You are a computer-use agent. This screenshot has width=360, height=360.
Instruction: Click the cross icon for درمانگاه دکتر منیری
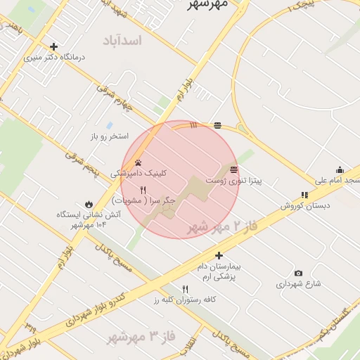(x=53, y=47)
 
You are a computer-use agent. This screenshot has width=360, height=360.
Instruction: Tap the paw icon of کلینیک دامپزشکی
(x=137, y=162)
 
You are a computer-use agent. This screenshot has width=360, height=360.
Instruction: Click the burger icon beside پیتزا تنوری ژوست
(x=233, y=169)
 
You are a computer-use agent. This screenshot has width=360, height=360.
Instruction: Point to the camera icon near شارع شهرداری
(x=298, y=273)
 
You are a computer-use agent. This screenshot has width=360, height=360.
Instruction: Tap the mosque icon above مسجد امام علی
(x=340, y=169)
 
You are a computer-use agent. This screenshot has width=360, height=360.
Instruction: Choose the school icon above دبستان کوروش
(x=304, y=195)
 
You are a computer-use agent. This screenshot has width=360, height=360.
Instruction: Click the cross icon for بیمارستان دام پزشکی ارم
(x=219, y=256)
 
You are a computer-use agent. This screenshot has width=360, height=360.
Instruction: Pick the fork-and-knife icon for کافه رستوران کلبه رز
(x=186, y=289)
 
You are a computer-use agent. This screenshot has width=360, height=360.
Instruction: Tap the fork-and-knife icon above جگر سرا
(x=143, y=190)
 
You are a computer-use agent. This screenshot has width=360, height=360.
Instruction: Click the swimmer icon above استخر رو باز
(x=109, y=125)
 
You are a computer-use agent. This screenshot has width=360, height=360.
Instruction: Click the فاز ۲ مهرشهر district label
(x=219, y=227)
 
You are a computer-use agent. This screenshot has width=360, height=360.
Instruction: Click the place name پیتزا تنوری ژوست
(x=238, y=181)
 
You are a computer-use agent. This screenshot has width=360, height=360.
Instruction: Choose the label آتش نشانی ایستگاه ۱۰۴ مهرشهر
(x=81, y=219)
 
